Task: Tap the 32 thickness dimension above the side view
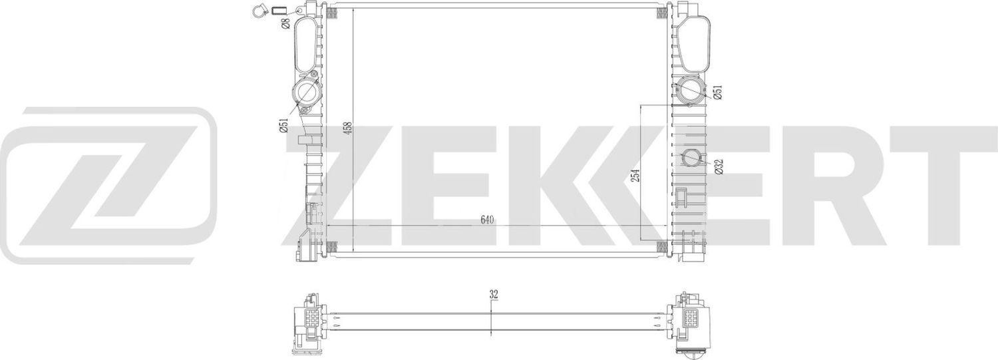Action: [x=493, y=293]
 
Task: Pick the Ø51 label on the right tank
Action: [x=717, y=92]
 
